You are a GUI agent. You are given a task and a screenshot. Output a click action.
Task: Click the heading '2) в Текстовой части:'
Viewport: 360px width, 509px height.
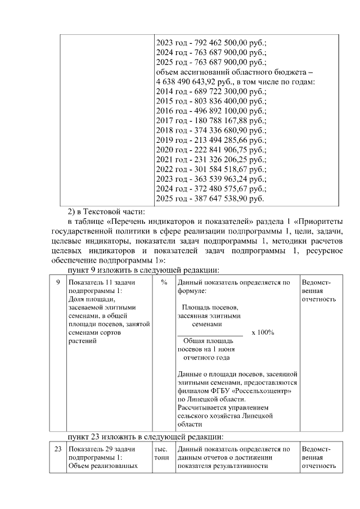(106, 212)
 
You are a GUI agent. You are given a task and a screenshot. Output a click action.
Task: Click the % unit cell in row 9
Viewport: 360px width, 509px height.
(164, 283)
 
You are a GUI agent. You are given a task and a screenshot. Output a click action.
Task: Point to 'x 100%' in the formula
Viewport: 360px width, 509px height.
(263, 332)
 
